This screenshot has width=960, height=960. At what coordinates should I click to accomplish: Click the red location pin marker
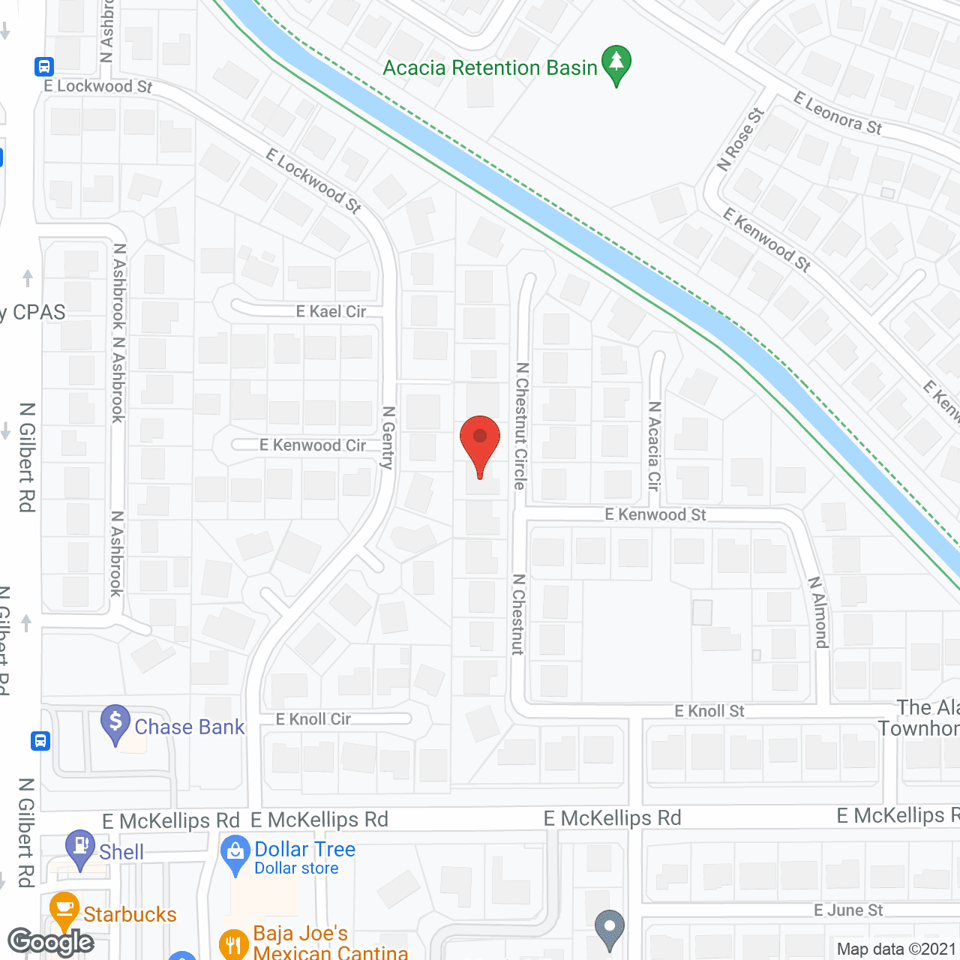479,442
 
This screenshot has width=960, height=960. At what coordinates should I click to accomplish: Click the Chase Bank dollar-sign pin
115,723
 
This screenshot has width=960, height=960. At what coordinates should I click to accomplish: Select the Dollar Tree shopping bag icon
235,853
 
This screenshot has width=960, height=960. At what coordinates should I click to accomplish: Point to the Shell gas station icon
80,847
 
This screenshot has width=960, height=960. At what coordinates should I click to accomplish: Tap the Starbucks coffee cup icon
64,910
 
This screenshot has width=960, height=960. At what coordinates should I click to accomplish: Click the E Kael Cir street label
331,311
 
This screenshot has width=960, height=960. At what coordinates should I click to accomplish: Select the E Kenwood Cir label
313,445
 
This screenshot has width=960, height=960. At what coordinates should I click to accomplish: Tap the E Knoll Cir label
313,719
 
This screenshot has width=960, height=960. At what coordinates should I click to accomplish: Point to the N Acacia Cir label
654,446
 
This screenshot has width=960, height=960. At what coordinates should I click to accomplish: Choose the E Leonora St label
838,112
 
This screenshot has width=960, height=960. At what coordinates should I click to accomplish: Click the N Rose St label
740,139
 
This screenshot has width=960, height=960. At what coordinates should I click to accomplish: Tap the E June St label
848,910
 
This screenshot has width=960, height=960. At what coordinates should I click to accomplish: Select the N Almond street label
818,612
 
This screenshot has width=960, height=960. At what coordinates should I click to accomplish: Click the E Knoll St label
709,711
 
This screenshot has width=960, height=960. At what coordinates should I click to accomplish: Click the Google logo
50,942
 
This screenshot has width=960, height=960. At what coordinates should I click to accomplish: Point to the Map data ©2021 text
896,949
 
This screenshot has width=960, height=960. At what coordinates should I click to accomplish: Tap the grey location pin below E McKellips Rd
610,928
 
